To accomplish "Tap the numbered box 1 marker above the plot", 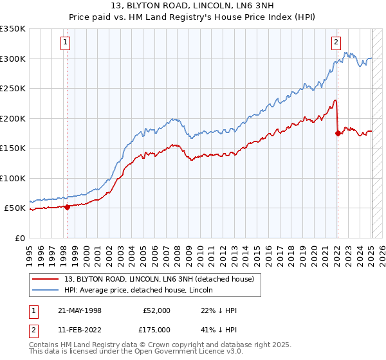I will pyautogui.click(x=66, y=43).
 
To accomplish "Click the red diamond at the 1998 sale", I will pyautogui.click(x=67, y=207).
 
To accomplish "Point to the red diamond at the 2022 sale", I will pyautogui.click(x=338, y=133).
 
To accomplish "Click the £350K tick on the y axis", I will pyautogui.click(x=13, y=29).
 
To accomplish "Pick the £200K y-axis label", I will pyautogui.click(x=13, y=118).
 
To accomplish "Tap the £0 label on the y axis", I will pyautogui.click(x=19, y=238).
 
